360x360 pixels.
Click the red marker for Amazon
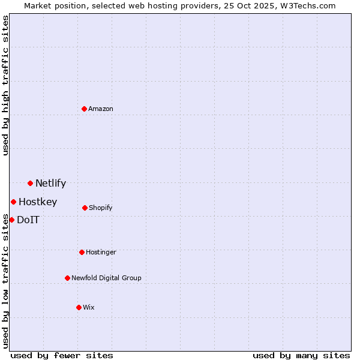(x=84, y=109)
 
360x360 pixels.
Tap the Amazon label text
(x=101, y=109)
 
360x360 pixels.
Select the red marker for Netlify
(x=30, y=183)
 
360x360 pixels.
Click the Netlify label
(x=50, y=184)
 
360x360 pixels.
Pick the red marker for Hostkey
(x=13, y=202)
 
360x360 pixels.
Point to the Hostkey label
(x=38, y=202)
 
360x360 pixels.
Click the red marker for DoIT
(x=11, y=220)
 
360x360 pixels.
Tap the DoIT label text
(x=28, y=220)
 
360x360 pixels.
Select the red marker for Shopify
(x=85, y=208)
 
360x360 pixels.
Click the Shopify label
(x=101, y=208)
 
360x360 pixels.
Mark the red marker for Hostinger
(x=82, y=252)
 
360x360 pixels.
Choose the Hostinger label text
(x=101, y=253)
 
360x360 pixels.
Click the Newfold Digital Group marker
(x=67, y=278)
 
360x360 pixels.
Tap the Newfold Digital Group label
(x=106, y=278)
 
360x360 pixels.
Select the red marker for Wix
(x=79, y=307)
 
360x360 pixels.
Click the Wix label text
(x=89, y=308)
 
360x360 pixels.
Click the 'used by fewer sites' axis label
(x=62, y=355)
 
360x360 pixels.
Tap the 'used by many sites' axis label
(x=301, y=355)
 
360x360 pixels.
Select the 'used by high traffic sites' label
(x=6, y=85)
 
